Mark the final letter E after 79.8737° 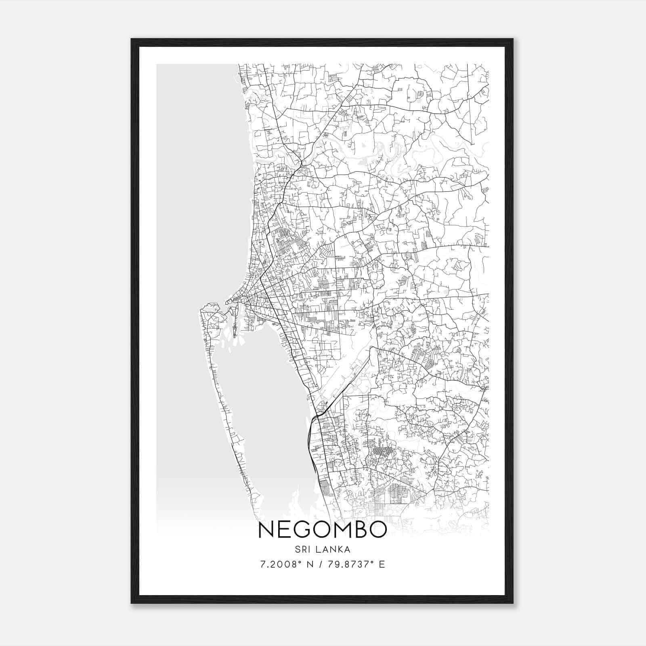[382, 564]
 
